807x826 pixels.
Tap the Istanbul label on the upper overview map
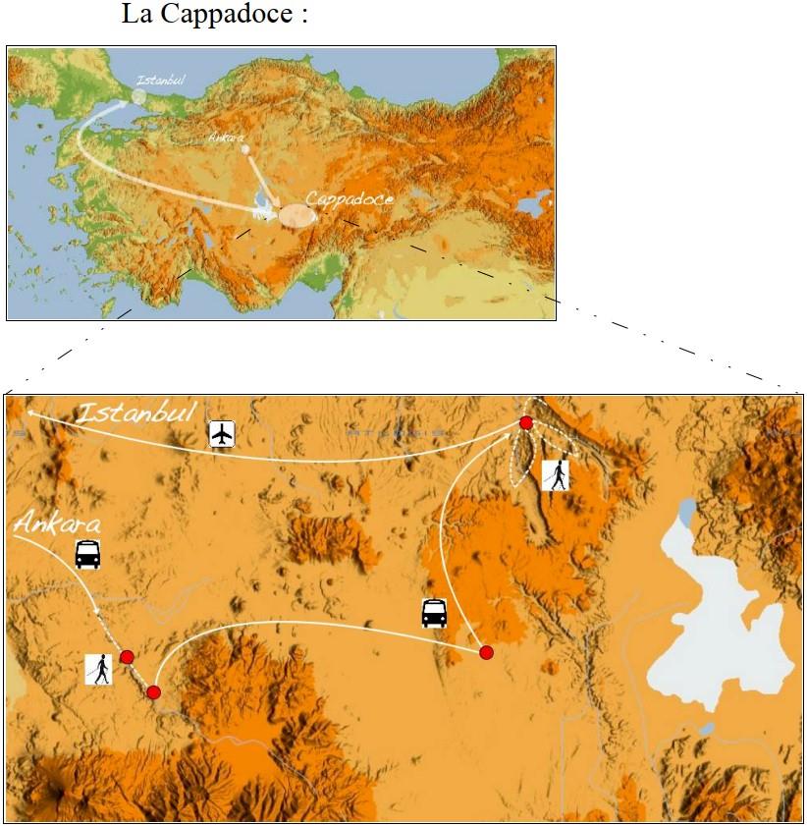click(161, 81)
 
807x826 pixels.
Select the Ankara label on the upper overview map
click(225, 138)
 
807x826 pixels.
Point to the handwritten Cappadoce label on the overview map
click(350, 199)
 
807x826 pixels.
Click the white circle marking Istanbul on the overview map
click(138, 96)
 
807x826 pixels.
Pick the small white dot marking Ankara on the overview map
click(245, 150)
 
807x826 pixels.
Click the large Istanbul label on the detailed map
click(136, 413)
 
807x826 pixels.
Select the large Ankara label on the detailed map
click(58, 523)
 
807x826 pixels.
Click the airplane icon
click(224, 433)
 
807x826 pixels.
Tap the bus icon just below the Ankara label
click(88, 554)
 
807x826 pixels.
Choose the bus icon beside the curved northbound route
click(434, 613)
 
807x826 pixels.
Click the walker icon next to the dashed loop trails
click(556, 475)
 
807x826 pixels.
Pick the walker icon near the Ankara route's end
click(98, 670)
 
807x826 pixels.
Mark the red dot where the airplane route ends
click(526, 422)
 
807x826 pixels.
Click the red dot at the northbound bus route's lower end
click(485, 652)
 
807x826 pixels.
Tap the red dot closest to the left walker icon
click(127, 657)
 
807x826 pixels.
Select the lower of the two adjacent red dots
click(153, 692)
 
